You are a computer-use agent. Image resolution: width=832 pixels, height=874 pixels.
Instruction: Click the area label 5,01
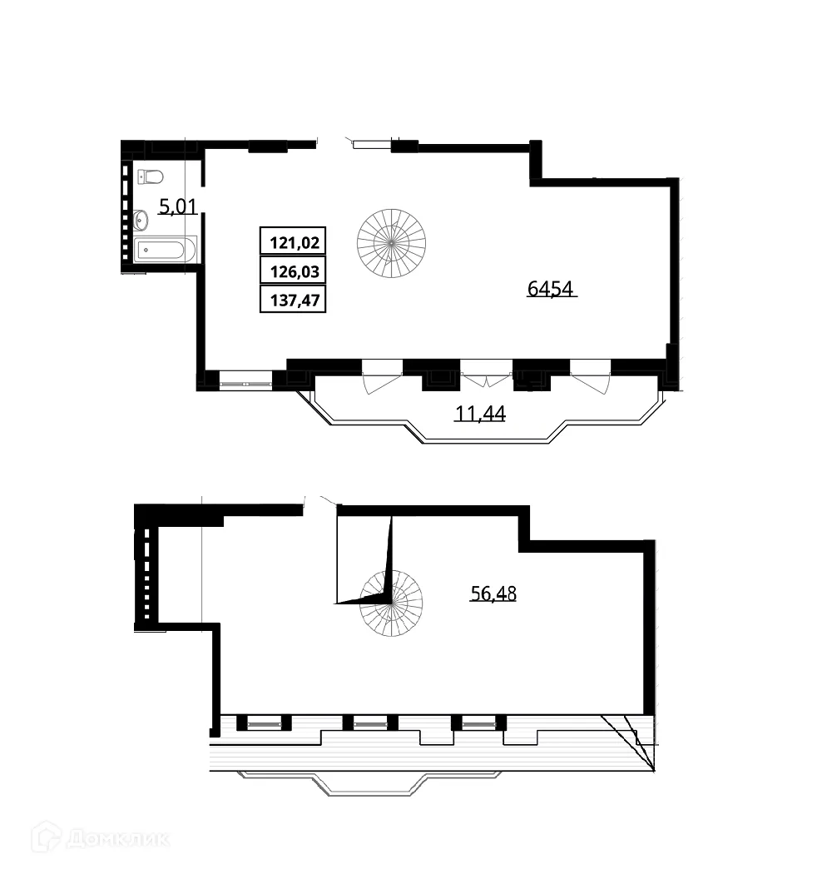[x=177, y=206]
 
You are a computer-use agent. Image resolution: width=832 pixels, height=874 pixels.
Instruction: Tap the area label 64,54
[x=552, y=289]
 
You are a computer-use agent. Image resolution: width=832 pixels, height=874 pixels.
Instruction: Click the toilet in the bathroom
[x=151, y=176]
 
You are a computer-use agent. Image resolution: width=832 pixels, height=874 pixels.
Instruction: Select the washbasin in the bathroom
[x=140, y=220]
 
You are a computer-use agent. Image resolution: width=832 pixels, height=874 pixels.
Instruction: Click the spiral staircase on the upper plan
[x=391, y=241]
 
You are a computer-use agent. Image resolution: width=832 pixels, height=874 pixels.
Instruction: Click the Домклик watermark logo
[x=100, y=837]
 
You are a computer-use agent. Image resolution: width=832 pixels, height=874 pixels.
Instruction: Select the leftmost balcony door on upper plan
[x=382, y=376]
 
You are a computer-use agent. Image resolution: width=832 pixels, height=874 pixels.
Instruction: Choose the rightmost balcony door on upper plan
[x=591, y=376]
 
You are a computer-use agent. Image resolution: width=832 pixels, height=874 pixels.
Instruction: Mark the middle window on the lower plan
[x=370, y=724]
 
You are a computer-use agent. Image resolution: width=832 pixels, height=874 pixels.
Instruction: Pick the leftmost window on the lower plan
[x=264, y=724]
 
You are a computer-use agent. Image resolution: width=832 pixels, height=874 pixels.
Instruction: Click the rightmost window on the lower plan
[x=478, y=724]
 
